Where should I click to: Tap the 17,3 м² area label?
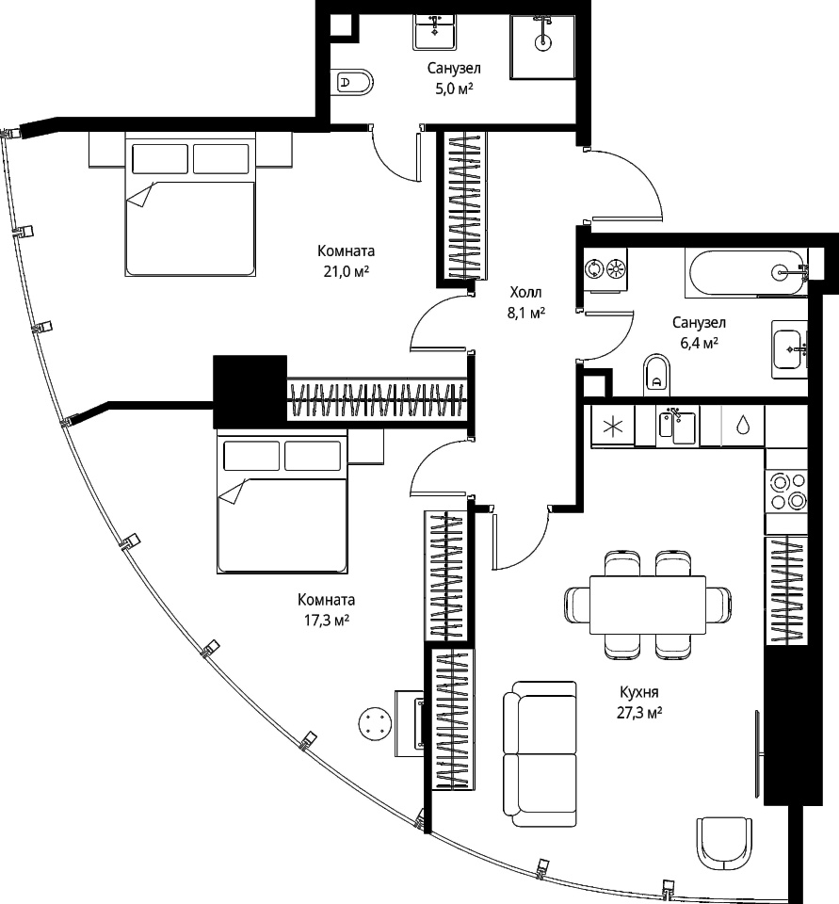(x=326, y=621)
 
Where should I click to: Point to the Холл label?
(x=525, y=292)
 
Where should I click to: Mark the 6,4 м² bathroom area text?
(x=699, y=343)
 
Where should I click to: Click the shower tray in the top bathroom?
(x=542, y=45)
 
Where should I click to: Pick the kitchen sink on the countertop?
(x=676, y=425)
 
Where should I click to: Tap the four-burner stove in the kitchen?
(x=786, y=492)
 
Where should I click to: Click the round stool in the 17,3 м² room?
(x=375, y=725)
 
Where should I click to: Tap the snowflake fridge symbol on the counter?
(x=612, y=427)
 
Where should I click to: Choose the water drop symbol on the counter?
(x=743, y=426)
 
